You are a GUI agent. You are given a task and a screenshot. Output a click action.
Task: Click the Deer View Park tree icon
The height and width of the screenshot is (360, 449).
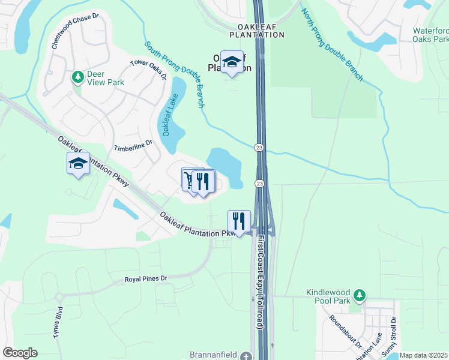coord(77,77)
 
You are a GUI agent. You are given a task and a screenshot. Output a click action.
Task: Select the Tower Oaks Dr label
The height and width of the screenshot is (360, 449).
coord(149,68)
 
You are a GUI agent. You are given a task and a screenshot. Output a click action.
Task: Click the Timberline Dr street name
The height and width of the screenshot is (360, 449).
coord(133,145)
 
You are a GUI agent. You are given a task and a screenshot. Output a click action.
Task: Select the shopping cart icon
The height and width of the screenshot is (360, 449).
coord(190,179)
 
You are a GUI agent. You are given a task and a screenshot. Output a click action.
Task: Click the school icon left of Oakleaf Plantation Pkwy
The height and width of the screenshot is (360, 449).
coord(78,163)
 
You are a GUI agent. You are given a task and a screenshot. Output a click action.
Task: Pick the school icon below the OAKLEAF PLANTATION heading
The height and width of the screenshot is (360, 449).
coord(232,62)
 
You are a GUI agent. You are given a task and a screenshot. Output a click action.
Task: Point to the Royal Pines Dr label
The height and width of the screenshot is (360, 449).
coord(145,279)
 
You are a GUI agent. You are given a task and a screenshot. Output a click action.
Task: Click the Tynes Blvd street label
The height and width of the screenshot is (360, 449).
coord(58,325)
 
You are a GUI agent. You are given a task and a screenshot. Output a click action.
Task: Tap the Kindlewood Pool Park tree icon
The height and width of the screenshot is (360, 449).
coord(359,295)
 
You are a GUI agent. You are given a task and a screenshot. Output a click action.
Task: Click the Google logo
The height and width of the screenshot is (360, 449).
coord(20,353)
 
